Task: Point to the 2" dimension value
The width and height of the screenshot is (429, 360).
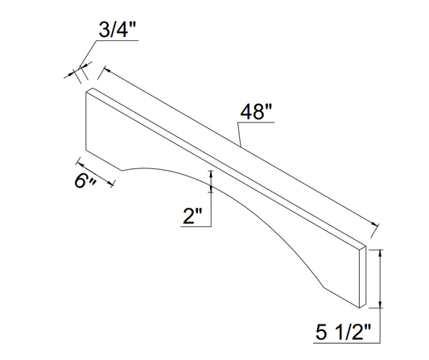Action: tap(193, 216)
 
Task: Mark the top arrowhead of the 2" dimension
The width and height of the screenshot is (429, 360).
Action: tap(212, 174)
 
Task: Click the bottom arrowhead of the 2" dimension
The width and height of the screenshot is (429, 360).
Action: tap(212, 189)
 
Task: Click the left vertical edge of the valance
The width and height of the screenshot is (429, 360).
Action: tap(85, 121)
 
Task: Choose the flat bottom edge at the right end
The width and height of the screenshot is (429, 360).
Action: tap(342, 298)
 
